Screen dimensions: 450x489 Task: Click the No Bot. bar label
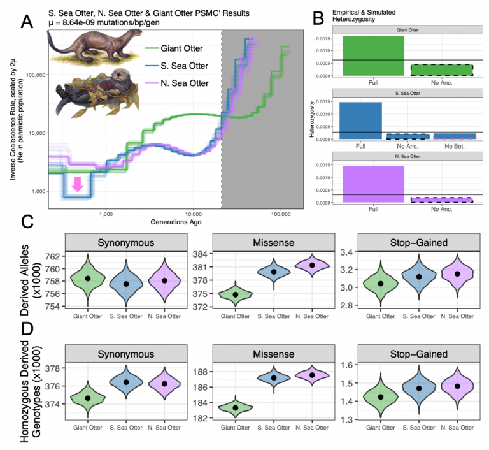coord(455,146)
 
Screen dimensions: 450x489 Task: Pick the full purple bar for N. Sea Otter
coord(361,184)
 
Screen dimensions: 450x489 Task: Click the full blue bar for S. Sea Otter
coord(361,120)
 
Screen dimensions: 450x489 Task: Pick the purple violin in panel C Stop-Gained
coord(456,273)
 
